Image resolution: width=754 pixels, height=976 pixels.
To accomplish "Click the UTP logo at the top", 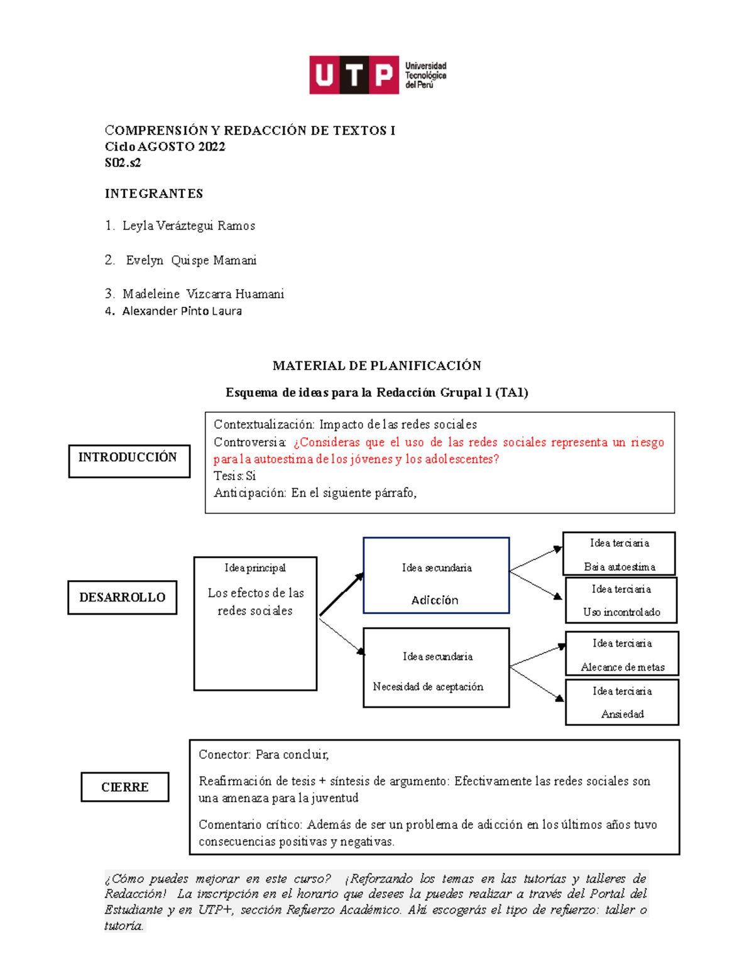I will pos(377,75).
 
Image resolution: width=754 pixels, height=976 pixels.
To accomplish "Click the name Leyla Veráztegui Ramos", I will pos(188,226).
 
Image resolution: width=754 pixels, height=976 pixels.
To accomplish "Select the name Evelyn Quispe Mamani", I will pos(191,260).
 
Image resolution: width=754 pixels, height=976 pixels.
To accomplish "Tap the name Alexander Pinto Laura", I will pos(182,311).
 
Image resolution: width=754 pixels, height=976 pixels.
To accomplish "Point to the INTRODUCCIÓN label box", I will pos(129,461).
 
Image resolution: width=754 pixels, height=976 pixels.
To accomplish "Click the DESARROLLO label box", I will pos(122,597).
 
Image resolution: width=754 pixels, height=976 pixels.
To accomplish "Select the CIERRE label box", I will pos(124,787).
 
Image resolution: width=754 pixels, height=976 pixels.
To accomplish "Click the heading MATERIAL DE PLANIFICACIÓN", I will pos(376,366).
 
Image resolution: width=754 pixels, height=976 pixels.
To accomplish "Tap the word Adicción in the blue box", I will pos(435,600).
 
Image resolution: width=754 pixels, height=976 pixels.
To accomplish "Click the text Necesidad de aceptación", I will pos(428,687).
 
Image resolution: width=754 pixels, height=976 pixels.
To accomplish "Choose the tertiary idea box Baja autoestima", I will pos(619,554).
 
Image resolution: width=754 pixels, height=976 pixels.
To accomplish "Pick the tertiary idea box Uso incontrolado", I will pos(621,600).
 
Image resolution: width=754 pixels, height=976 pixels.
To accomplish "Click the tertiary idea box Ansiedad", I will pos(622,702).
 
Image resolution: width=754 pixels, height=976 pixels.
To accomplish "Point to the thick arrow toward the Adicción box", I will pos(341,595).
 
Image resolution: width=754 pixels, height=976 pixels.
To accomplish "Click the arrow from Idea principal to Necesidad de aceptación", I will pos(341,637).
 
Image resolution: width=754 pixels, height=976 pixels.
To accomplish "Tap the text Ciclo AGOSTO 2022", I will pos(165,146).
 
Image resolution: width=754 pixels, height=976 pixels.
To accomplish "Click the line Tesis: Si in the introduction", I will pos(234,476).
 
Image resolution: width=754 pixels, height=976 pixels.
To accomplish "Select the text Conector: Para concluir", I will pos(263,754).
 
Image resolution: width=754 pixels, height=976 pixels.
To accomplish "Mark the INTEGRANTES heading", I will pos(154,194).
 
